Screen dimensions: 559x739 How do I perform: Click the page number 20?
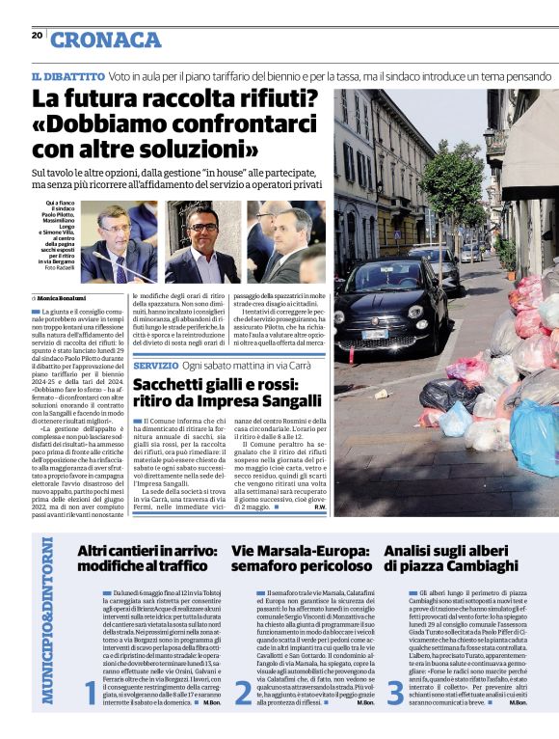[37, 36]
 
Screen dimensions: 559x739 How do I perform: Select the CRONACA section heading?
[105, 40]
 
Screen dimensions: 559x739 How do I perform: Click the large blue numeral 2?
[243, 693]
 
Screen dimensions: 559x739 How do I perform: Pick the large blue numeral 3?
[395, 693]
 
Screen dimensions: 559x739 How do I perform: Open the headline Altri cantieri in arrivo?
[142, 559]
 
